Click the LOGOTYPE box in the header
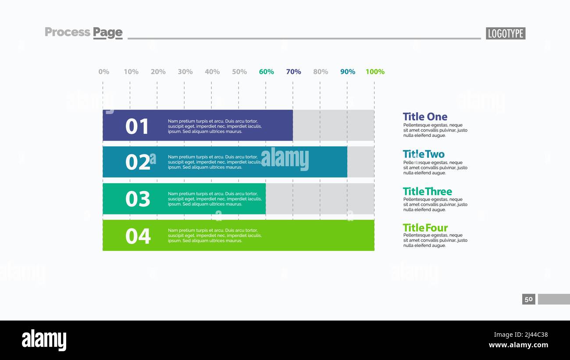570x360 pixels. (505, 33)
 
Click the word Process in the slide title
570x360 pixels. (68, 32)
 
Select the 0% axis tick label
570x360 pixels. (104, 71)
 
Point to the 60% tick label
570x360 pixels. (266, 71)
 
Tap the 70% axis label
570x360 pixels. (293, 71)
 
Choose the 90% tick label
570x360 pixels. (348, 71)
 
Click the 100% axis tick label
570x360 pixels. (375, 71)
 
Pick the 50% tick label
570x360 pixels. (239, 71)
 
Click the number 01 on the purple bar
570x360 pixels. (138, 126)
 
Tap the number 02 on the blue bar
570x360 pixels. (138, 163)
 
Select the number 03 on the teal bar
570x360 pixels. (138, 199)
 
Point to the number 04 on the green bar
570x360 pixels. (138, 236)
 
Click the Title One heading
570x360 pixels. (425, 117)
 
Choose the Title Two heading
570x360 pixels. (424, 154)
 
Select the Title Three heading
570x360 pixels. (427, 191)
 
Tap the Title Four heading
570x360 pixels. (425, 228)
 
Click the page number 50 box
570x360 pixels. (528, 299)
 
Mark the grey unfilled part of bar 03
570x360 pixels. (320, 199)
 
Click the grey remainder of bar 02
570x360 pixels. (361, 162)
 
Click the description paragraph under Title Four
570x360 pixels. (435, 240)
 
